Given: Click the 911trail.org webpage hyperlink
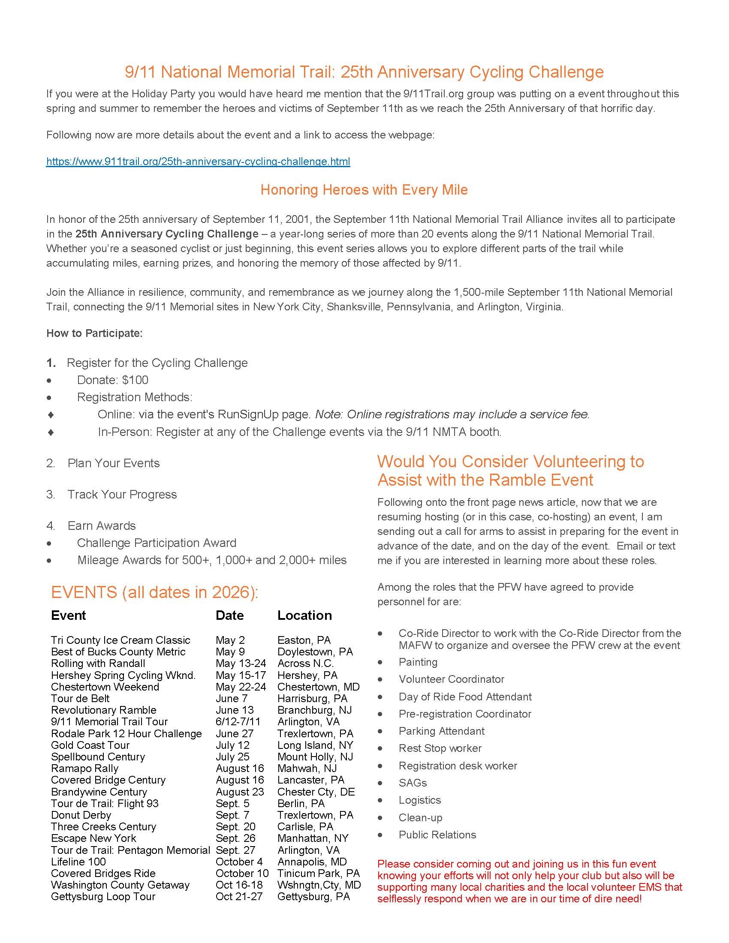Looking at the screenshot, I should pos(198,162).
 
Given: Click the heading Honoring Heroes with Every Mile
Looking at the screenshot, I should pos(364,190).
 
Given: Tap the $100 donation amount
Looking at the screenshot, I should pos(135,380).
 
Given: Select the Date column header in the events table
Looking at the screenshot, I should pos(230,615).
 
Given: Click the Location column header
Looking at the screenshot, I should pos(304,615).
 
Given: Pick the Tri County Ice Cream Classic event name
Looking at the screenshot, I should pos(120,640).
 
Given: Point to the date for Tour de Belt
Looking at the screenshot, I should pos(231,698).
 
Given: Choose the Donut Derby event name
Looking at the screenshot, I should pos(81,815).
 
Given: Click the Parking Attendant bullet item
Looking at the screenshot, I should pos(441,731).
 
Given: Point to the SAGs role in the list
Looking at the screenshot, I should pos(413,783).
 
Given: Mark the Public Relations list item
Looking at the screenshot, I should pos(437,835).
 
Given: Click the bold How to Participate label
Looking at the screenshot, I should pos(94,333).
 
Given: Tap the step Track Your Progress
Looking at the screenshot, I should pos(122,494).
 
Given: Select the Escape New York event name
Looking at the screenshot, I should pos(93,838).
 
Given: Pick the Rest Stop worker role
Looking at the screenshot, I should pos(440,748).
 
